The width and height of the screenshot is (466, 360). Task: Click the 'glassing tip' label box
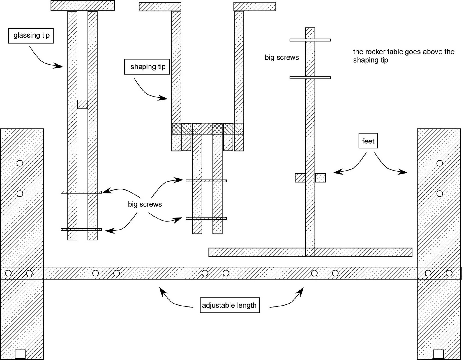(x=31, y=36)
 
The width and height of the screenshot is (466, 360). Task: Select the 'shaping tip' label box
(x=147, y=67)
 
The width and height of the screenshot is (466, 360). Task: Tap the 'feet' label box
(x=368, y=141)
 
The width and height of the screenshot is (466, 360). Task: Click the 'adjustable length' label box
(x=230, y=305)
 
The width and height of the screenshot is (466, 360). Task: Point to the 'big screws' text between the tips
(x=145, y=204)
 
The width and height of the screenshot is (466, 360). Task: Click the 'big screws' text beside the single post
(x=282, y=57)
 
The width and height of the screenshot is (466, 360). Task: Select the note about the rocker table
(x=404, y=56)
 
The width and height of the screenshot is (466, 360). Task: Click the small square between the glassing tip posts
(x=82, y=104)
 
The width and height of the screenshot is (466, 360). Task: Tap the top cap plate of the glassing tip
(x=82, y=5)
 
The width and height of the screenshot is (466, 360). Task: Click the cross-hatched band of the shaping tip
(x=208, y=129)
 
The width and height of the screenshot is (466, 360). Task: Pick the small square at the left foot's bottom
(x=20, y=354)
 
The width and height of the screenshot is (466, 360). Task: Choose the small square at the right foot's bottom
(x=438, y=354)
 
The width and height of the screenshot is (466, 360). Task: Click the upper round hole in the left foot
(x=20, y=163)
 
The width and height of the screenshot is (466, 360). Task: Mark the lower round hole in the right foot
(x=439, y=194)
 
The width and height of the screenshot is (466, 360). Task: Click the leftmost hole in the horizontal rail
(x=8, y=273)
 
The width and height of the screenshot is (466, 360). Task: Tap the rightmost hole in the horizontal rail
(x=449, y=273)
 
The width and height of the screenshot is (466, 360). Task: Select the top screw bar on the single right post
(x=310, y=40)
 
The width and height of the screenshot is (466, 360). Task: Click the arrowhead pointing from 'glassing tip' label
(x=58, y=66)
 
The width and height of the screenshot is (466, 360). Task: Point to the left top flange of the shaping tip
(x=160, y=7)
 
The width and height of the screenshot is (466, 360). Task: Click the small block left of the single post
(x=300, y=178)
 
